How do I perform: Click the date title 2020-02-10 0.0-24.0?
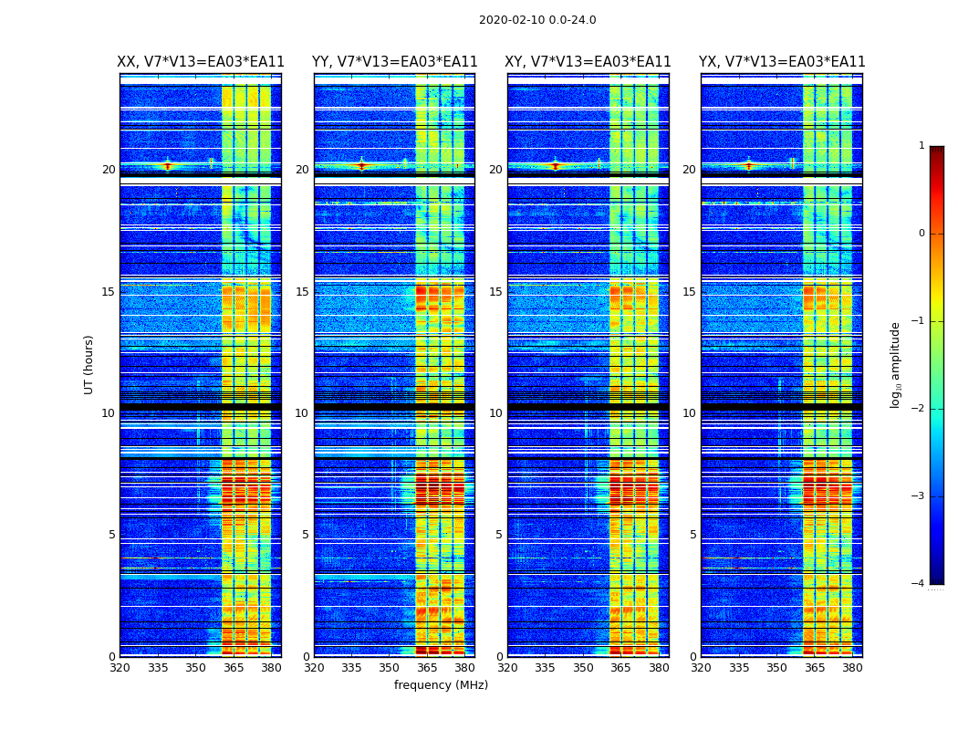(x=537, y=20)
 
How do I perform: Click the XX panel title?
(x=201, y=62)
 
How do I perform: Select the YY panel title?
(x=394, y=62)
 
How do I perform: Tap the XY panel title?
(x=588, y=62)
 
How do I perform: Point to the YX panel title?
(x=782, y=62)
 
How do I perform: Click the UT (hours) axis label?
(x=89, y=364)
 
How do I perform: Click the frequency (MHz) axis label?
(x=441, y=685)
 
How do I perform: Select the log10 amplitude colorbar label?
(x=896, y=364)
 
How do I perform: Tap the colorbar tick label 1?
(x=921, y=146)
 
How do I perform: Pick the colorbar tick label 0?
(x=921, y=234)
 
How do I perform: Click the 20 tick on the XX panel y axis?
(x=109, y=170)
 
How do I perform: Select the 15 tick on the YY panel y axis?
(x=302, y=292)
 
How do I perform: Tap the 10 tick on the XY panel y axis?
(x=495, y=413)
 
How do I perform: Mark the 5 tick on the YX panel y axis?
(x=692, y=535)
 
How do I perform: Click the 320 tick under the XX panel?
(x=120, y=668)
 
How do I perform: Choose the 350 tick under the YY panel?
(x=390, y=668)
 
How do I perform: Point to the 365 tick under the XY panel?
(x=620, y=668)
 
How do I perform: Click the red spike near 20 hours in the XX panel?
(x=167, y=165)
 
